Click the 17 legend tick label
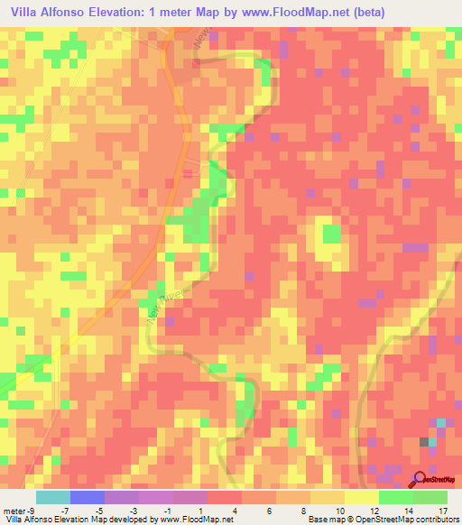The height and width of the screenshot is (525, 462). click(442, 511)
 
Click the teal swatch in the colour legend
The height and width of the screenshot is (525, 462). click(52, 497)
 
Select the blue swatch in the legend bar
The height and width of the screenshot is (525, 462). click(87, 497)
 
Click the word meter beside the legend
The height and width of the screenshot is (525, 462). click(14, 511)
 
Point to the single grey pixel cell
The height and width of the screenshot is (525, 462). click(424, 441)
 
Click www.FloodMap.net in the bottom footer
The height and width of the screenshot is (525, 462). click(190, 520)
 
